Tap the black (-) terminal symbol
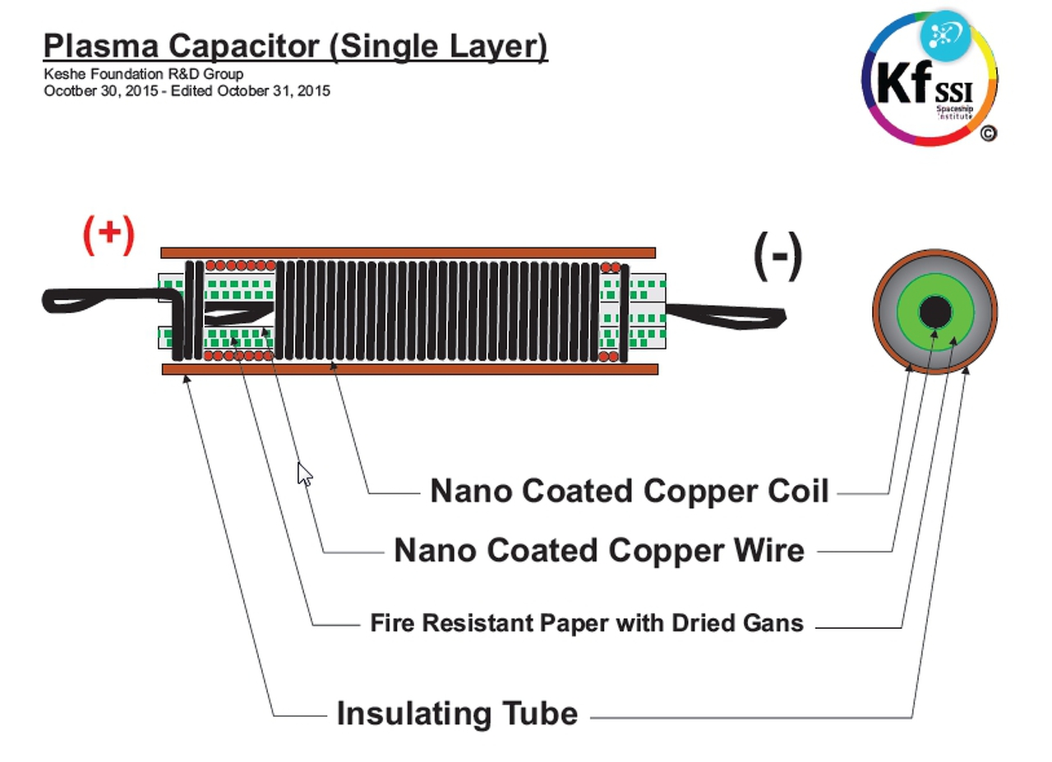click(777, 256)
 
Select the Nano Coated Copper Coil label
click(629, 491)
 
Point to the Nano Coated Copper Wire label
click(598, 550)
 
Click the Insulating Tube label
click(457, 713)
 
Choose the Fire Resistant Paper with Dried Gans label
click(586, 622)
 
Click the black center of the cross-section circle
click(934, 312)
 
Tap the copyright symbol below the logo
click(988, 133)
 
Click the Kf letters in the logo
click(904, 82)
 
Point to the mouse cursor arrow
click(303, 473)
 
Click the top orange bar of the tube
click(408, 252)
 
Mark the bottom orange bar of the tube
click(409, 369)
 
